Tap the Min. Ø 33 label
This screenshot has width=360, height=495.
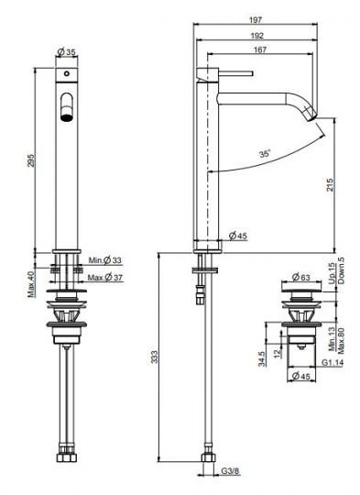tap(104, 261)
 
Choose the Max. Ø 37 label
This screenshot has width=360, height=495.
tap(104, 277)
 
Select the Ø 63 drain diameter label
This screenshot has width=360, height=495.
tap(301, 275)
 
